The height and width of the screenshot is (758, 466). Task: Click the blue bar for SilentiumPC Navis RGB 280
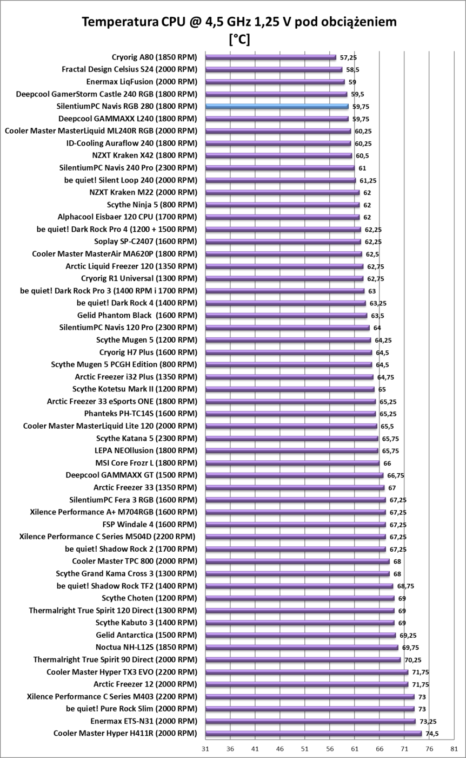(x=276, y=106)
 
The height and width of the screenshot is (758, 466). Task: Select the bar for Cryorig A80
(x=270, y=57)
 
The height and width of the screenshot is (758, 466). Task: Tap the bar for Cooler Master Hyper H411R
(x=313, y=734)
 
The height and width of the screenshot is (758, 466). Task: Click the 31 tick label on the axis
(x=205, y=749)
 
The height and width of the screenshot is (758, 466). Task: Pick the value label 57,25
(x=348, y=57)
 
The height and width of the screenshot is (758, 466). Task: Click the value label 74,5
(x=431, y=734)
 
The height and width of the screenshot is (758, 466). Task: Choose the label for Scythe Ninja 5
(x=152, y=205)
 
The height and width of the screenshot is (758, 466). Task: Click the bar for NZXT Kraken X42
(x=278, y=155)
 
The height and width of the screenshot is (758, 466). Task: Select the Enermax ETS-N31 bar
(x=310, y=721)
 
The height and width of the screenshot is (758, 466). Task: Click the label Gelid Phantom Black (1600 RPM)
(x=137, y=315)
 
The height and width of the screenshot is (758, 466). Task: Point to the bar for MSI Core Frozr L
(x=292, y=463)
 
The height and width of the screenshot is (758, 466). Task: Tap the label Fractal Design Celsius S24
(x=130, y=69)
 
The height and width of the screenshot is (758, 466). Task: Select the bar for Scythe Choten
(x=299, y=598)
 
